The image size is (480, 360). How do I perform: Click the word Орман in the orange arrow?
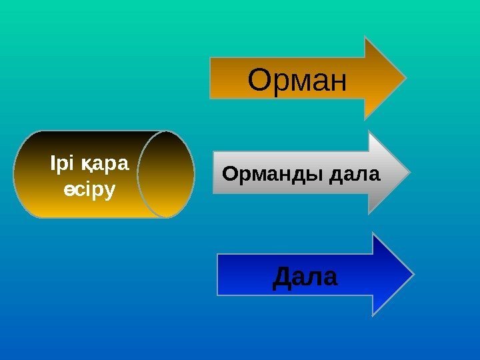(297, 81)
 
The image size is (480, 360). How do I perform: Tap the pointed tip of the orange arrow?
(405, 78)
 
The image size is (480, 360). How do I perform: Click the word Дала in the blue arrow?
(305, 276)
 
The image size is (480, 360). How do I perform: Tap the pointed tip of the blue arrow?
(413, 273)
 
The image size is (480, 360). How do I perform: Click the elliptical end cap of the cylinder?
(166, 174)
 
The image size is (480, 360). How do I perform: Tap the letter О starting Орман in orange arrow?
(259, 81)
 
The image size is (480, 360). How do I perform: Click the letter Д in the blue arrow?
(283, 276)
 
